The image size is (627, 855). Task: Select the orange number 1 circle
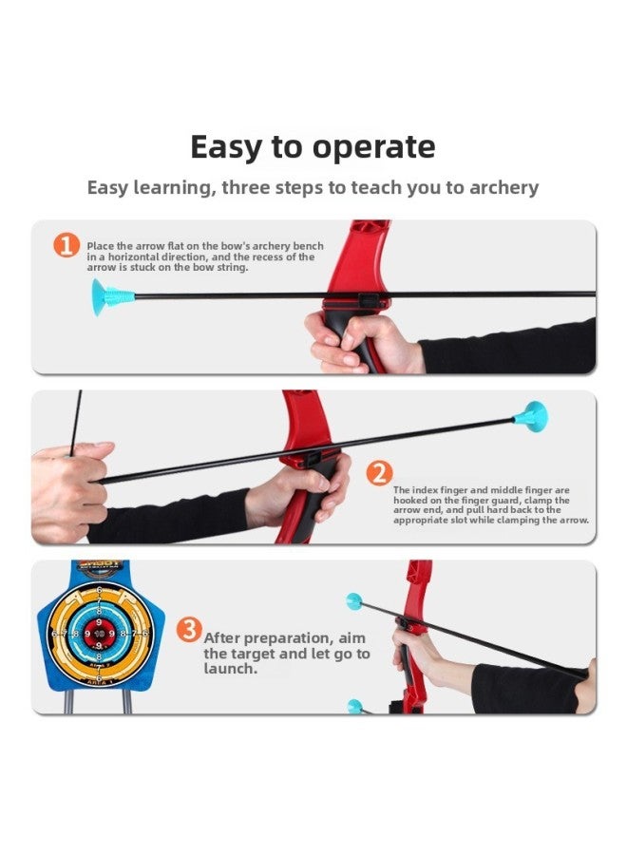(x=66, y=246)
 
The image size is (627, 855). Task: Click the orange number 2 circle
(x=379, y=471)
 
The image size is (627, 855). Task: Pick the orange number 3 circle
(x=189, y=629)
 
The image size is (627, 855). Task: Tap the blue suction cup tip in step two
(x=533, y=415)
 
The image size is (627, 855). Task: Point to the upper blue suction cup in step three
(x=354, y=601)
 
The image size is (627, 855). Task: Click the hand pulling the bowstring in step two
(x=68, y=489)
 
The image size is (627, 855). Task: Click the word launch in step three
(x=230, y=669)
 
